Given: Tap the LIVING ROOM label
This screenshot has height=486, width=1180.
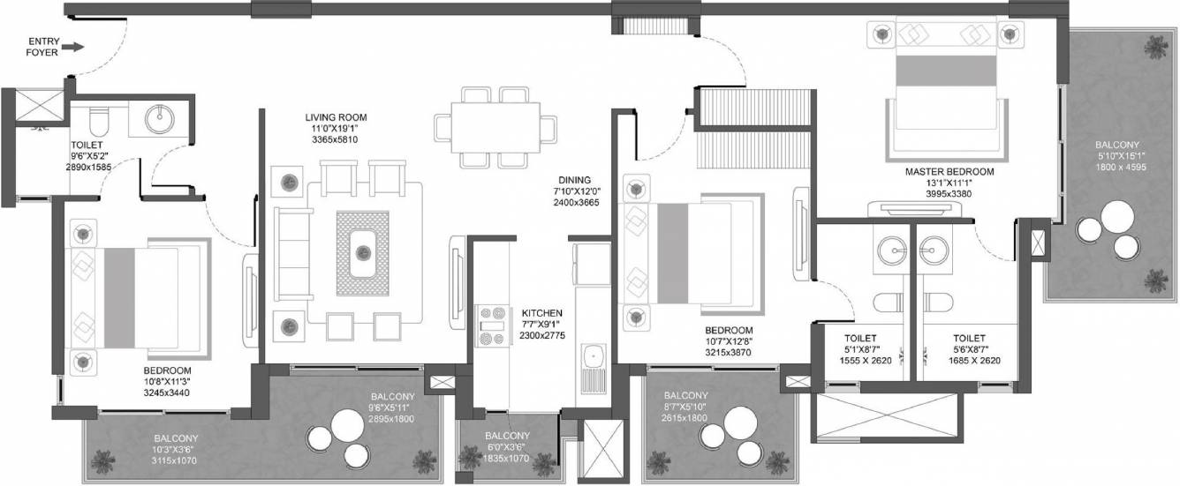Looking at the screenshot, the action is pyautogui.click(x=336, y=117).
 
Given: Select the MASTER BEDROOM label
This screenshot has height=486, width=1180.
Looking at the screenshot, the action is pyautogui.click(x=949, y=171).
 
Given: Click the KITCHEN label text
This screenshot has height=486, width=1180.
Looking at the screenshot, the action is pyautogui.click(x=542, y=313).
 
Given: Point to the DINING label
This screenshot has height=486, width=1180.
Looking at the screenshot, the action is pyautogui.click(x=575, y=180).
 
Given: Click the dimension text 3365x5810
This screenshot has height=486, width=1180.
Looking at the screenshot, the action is pyautogui.click(x=335, y=140).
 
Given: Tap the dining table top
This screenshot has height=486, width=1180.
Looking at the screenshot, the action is pyautogui.click(x=495, y=128).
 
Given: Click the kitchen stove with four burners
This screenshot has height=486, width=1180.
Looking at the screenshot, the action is pyautogui.click(x=493, y=326).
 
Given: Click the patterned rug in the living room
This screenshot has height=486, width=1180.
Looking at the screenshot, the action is pyautogui.click(x=362, y=253).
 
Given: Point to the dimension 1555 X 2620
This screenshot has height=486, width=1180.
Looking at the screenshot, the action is pyautogui.click(x=866, y=361).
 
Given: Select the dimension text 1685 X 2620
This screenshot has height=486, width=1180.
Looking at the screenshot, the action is pyautogui.click(x=974, y=361).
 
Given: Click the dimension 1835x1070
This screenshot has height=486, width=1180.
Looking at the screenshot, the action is pyautogui.click(x=506, y=459).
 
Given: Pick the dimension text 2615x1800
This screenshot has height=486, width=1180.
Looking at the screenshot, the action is pyautogui.click(x=685, y=418).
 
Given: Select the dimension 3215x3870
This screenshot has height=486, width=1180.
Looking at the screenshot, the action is pyautogui.click(x=728, y=353).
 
